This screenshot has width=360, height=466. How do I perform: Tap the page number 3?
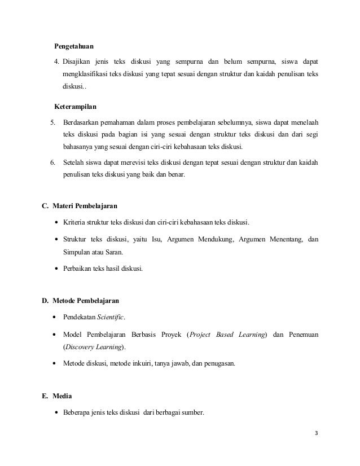coord(317,433)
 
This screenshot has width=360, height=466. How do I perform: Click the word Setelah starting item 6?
coord(74,163)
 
